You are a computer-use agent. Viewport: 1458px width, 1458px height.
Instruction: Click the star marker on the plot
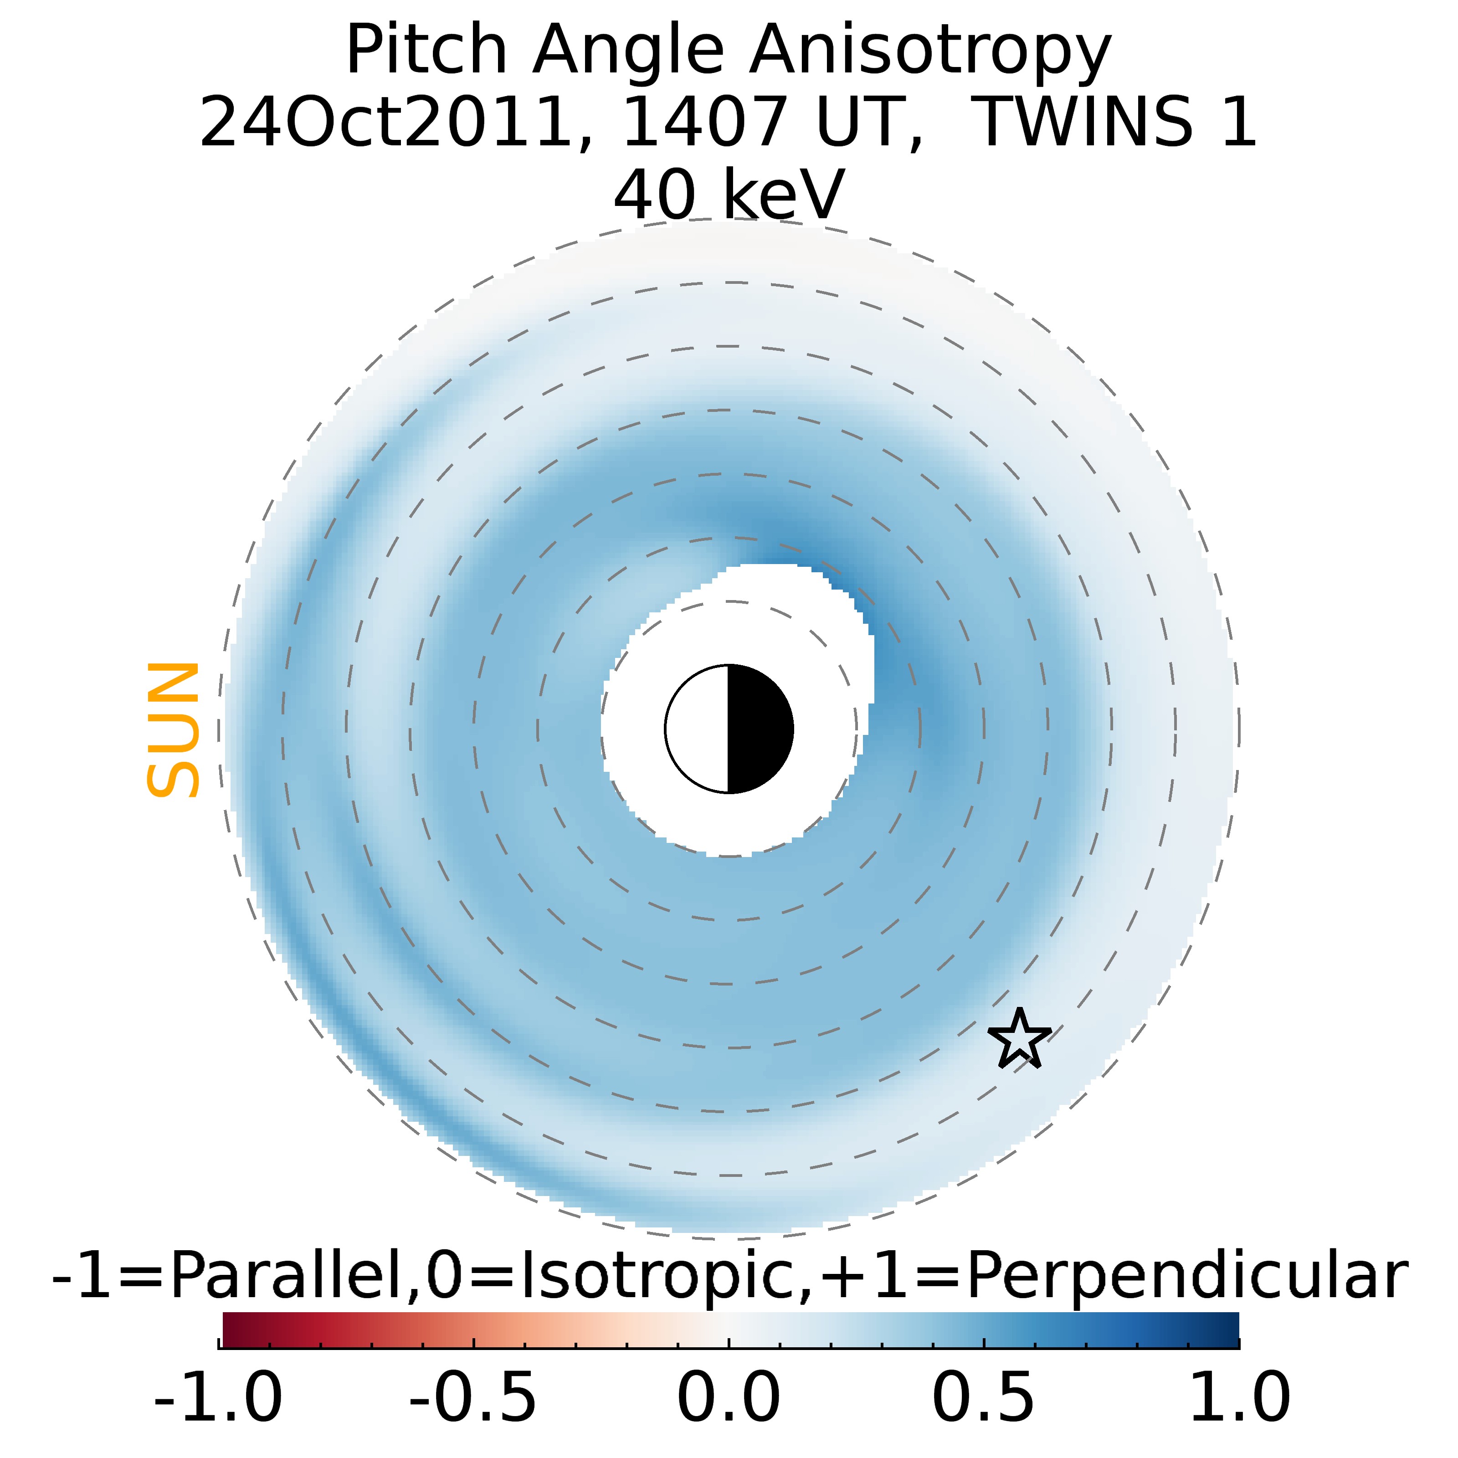tap(1020, 1040)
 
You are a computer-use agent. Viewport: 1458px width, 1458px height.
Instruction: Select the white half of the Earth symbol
tap(698, 729)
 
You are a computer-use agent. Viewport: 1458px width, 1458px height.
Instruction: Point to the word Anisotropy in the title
tap(930, 51)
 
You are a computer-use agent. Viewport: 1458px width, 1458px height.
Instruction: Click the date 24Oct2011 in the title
tap(385, 122)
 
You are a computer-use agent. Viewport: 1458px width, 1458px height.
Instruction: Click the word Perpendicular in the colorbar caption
tap(1186, 1277)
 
